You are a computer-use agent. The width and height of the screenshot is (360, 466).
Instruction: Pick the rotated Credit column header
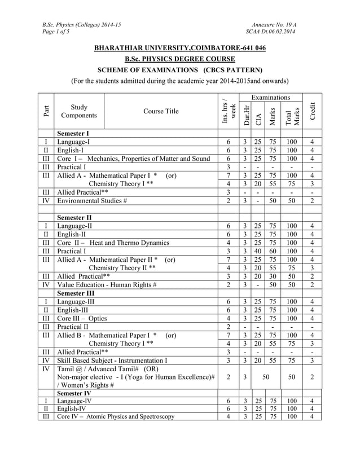pyautogui.click(x=312, y=111)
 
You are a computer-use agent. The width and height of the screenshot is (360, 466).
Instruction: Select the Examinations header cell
pyautogui.click(x=270, y=98)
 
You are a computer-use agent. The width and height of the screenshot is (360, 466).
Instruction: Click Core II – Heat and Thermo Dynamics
pyautogui.click(x=113, y=243)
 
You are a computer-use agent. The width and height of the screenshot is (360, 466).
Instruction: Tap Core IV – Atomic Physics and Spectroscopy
pyautogui.click(x=116, y=417)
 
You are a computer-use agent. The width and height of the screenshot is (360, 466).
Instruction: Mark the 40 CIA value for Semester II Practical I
pyautogui.click(x=258, y=252)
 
